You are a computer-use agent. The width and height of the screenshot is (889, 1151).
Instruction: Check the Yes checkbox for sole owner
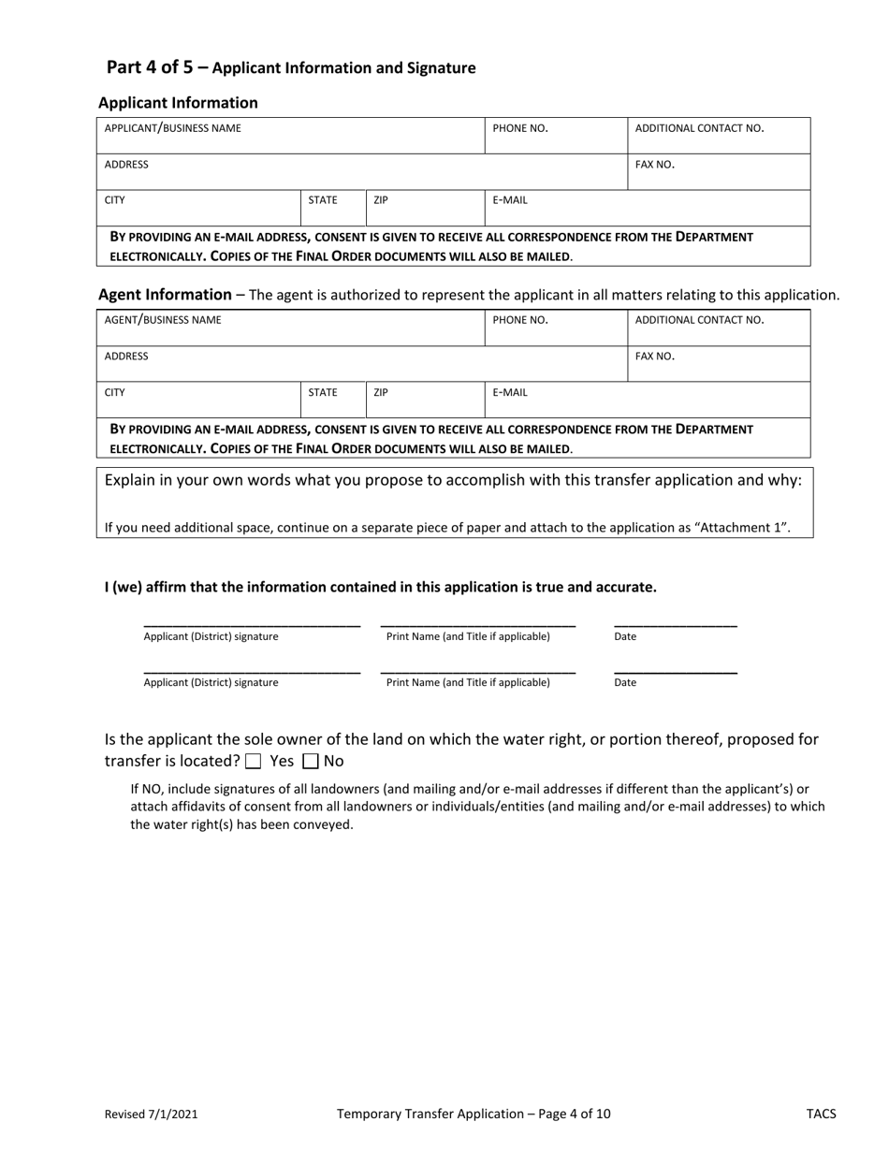[x=253, y=762]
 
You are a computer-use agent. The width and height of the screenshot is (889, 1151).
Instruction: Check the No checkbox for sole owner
[x=312, y=762]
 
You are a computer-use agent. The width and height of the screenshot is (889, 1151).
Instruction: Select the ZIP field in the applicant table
[x=425, y=209]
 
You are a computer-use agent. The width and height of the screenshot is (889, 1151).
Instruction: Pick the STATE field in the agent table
[x=333, y=401]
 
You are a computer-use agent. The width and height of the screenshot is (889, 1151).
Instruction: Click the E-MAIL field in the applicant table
[x=647, y=209]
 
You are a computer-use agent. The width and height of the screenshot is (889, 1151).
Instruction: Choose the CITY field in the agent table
[x=198, y=401]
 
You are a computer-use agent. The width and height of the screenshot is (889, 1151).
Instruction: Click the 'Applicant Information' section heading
[x=178, y=103]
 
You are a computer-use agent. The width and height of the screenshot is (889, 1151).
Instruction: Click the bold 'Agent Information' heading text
[x=165, y=295]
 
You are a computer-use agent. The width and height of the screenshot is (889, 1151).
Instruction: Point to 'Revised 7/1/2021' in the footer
[x=151, y=1115]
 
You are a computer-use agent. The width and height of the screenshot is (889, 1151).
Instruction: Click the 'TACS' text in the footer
[x=821, y=1115]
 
